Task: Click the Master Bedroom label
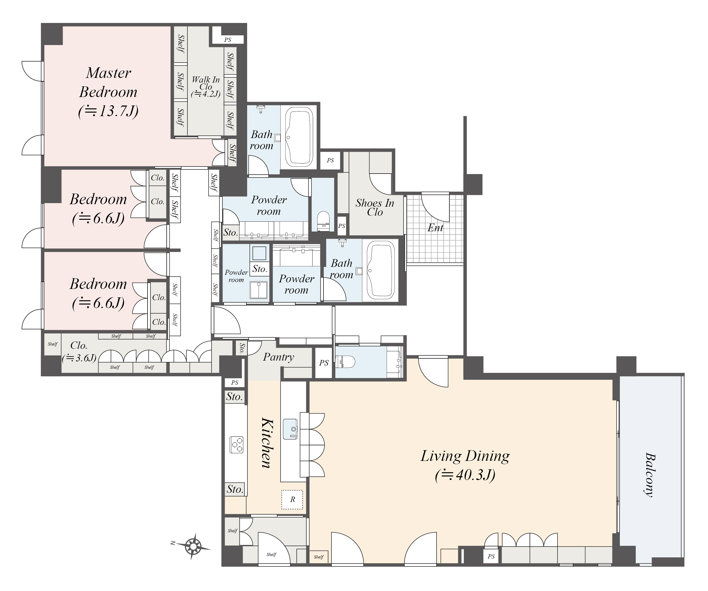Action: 108,92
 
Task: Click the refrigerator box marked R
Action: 292,499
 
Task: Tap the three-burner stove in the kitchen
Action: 236,444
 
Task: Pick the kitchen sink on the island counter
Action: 291,429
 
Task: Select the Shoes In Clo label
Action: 375,207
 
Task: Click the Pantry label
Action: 279,357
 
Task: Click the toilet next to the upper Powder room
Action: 323,221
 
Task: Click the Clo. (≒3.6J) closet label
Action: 79,352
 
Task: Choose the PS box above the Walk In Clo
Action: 228,40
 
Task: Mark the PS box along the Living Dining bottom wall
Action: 491,556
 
